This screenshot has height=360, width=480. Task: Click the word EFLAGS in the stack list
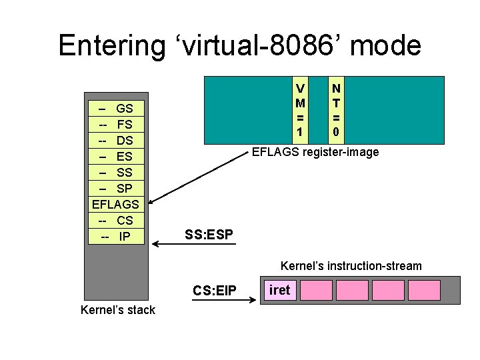(x=116, y=205)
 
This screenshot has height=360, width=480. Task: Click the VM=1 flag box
(x=301, y=111)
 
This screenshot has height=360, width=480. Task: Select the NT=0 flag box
(x=337, y=111)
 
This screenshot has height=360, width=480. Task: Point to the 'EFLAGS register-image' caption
(x=315, y=153)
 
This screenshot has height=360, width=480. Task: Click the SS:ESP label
(x=209, y=235)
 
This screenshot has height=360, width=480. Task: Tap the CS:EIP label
(x=215, y=291)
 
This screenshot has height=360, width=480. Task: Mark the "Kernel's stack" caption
(x=117, y=310)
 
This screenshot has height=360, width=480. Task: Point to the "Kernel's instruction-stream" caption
(x=351, y=267)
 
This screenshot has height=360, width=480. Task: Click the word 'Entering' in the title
(x=111, y=46)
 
